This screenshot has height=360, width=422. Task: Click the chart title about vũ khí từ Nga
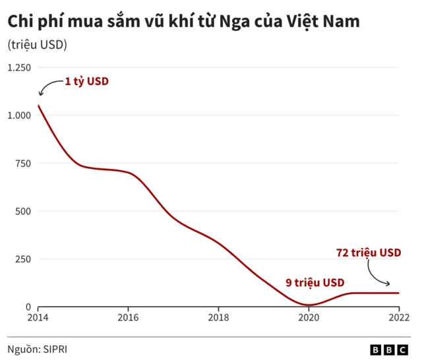pos(183,22)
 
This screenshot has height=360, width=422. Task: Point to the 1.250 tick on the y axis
pos(19,68)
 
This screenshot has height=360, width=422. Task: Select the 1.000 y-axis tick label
pos(19,115)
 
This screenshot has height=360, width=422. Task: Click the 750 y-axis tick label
pos(23,164)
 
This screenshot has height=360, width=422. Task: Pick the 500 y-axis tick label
pos(23,212)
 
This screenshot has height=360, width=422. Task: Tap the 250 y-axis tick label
pos(23,259)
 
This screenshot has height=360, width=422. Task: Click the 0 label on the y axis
pos(28,307)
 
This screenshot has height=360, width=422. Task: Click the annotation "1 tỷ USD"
pos(86,82)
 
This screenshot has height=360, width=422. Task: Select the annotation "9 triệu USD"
pos(315,282)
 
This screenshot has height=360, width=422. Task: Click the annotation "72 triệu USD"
pos(369,253)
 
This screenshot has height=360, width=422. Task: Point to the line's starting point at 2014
pos(38,105)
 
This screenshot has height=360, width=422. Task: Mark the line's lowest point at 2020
pos(309,305)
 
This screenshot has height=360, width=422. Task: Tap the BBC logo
pos(390,349)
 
